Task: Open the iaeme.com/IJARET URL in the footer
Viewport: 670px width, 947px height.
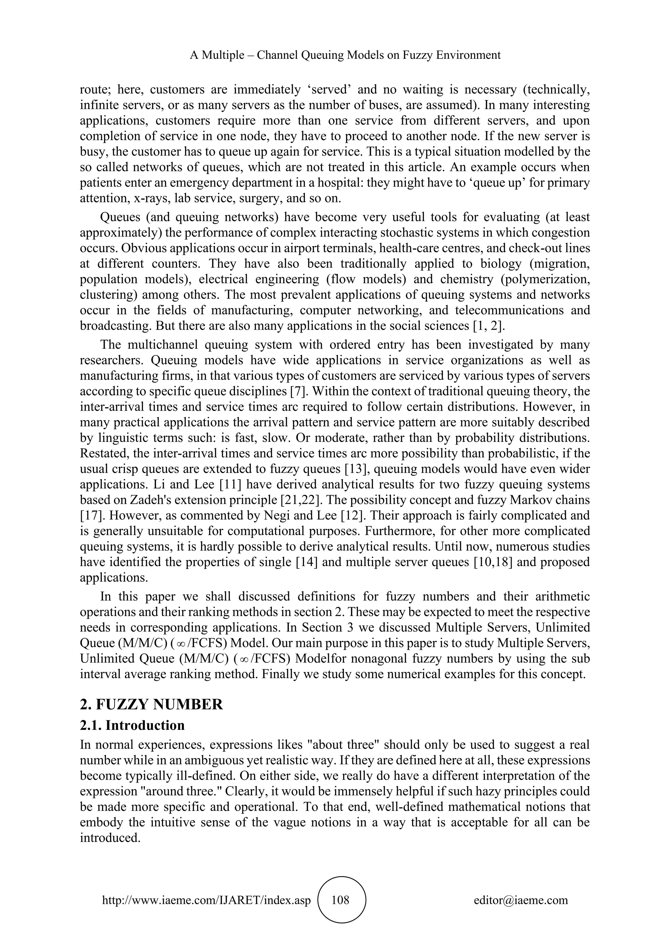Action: tap(206, 900)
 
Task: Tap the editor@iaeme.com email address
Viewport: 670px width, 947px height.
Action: tap(520, 900)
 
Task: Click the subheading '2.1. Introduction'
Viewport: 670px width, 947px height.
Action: tap(132, 725)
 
